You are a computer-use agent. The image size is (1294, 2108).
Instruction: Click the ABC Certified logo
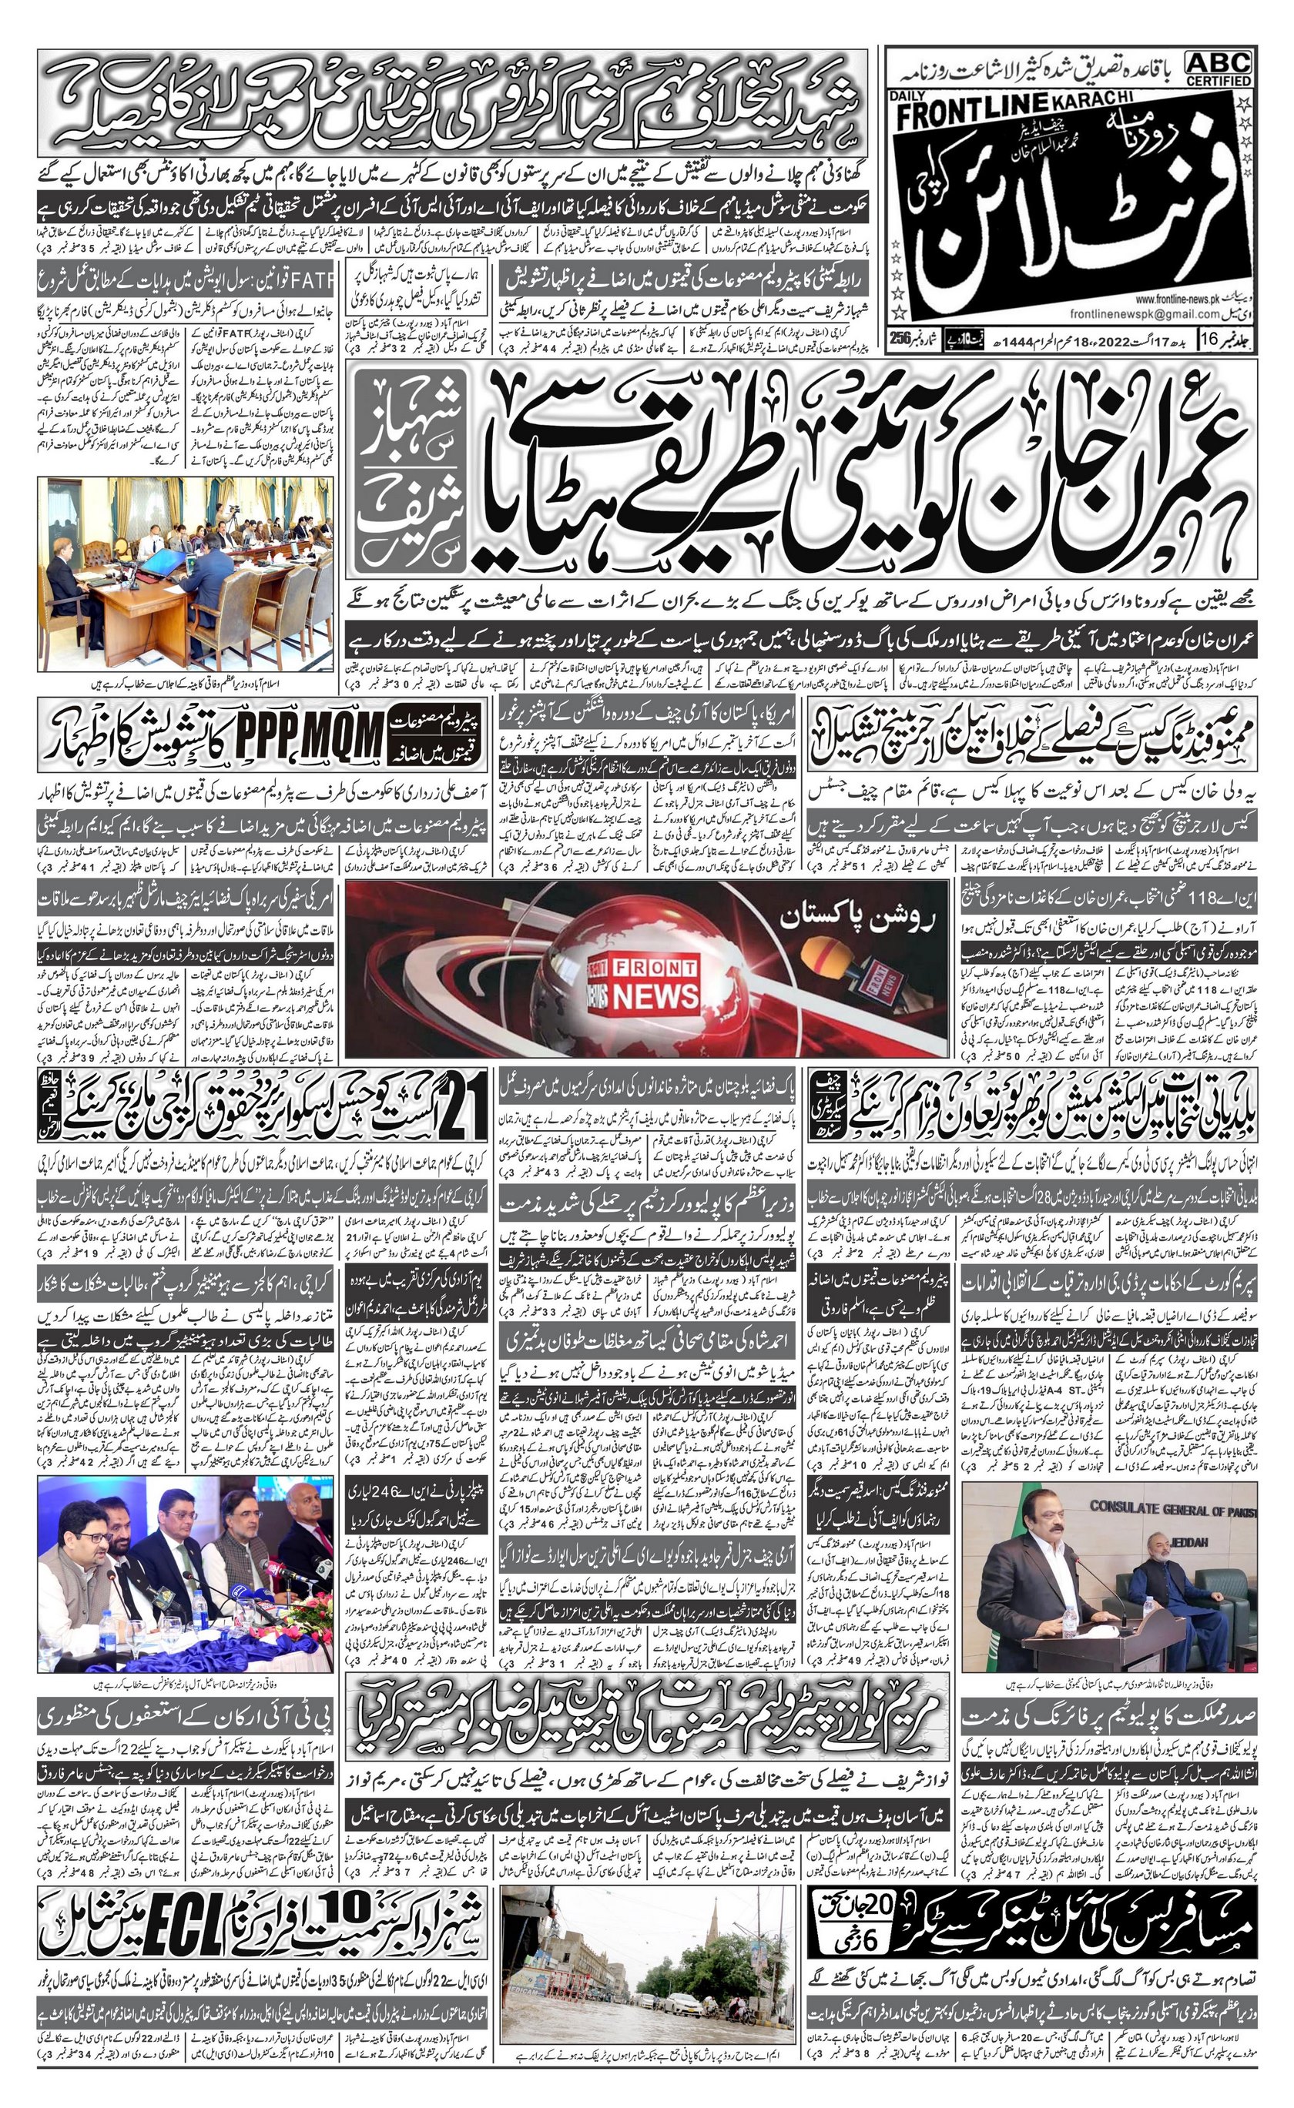click(1219, 68)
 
